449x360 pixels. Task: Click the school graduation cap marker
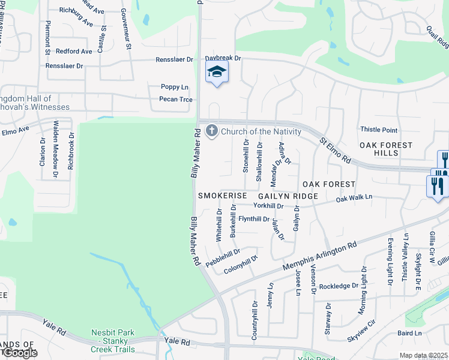[217, 73]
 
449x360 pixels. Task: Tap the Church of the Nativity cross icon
[211, 131]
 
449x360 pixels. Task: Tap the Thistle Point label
[378, 130]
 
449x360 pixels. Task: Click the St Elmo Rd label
[335, 152]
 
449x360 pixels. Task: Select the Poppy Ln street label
[175, 87]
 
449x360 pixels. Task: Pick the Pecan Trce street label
[176, 99]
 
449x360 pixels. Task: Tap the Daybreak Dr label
[222, 58]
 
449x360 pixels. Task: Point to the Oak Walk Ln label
[354, 197]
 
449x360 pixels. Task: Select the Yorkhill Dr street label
[268, 206]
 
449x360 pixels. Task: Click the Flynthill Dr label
[253, 219]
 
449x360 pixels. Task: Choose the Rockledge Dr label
[339, 286]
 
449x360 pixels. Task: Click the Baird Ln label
[409, 333]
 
